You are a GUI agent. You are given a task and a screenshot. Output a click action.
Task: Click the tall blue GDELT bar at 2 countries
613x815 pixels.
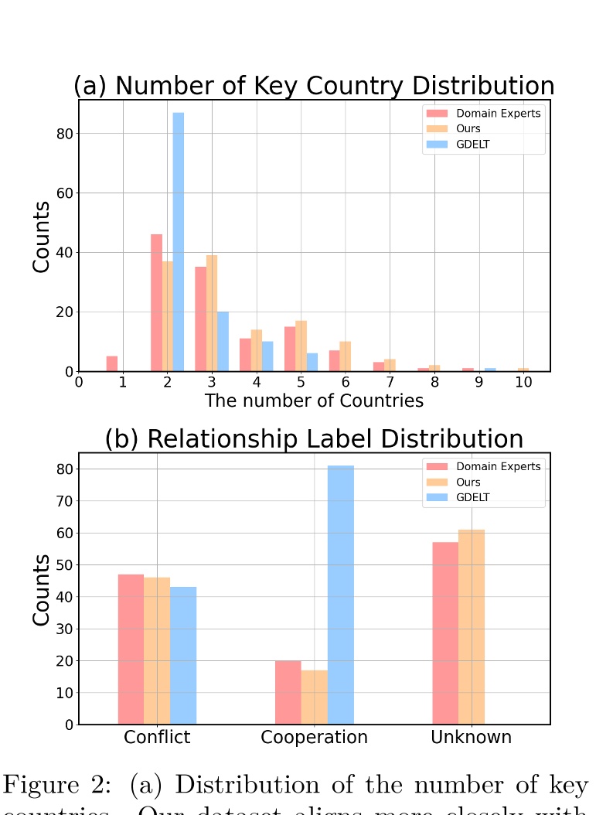(x=179, y=242)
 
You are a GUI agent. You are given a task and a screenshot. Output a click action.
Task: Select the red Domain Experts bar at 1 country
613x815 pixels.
(x=112, y=363)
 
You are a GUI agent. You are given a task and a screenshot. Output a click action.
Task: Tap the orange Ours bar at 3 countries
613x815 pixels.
(x=212, y=313)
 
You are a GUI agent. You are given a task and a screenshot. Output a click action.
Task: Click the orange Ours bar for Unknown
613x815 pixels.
(x=472, y=626)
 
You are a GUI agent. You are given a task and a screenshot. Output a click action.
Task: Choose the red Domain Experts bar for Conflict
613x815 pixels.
(x=131, y=649)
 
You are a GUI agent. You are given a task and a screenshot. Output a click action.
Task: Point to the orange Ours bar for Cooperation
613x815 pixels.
(x=315, y=697)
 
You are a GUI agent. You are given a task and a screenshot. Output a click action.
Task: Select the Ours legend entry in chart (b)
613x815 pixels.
(x=468, y=483)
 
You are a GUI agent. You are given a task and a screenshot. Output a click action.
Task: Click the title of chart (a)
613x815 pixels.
(x=314, y=86)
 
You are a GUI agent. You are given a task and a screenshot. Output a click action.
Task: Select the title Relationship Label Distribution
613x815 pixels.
(x=314, y=439)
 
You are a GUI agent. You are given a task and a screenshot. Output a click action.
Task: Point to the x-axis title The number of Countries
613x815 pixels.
(x=314, y=401)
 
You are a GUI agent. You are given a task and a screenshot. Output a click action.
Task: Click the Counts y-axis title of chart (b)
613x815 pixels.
(x=42, y=589)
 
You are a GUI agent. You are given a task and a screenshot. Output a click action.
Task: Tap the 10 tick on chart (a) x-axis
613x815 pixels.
(x=523, y=382)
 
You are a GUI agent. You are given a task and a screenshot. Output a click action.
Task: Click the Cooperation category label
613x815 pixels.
(x=314, y=737)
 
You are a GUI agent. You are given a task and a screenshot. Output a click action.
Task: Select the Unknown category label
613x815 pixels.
(x=471, y=737)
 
